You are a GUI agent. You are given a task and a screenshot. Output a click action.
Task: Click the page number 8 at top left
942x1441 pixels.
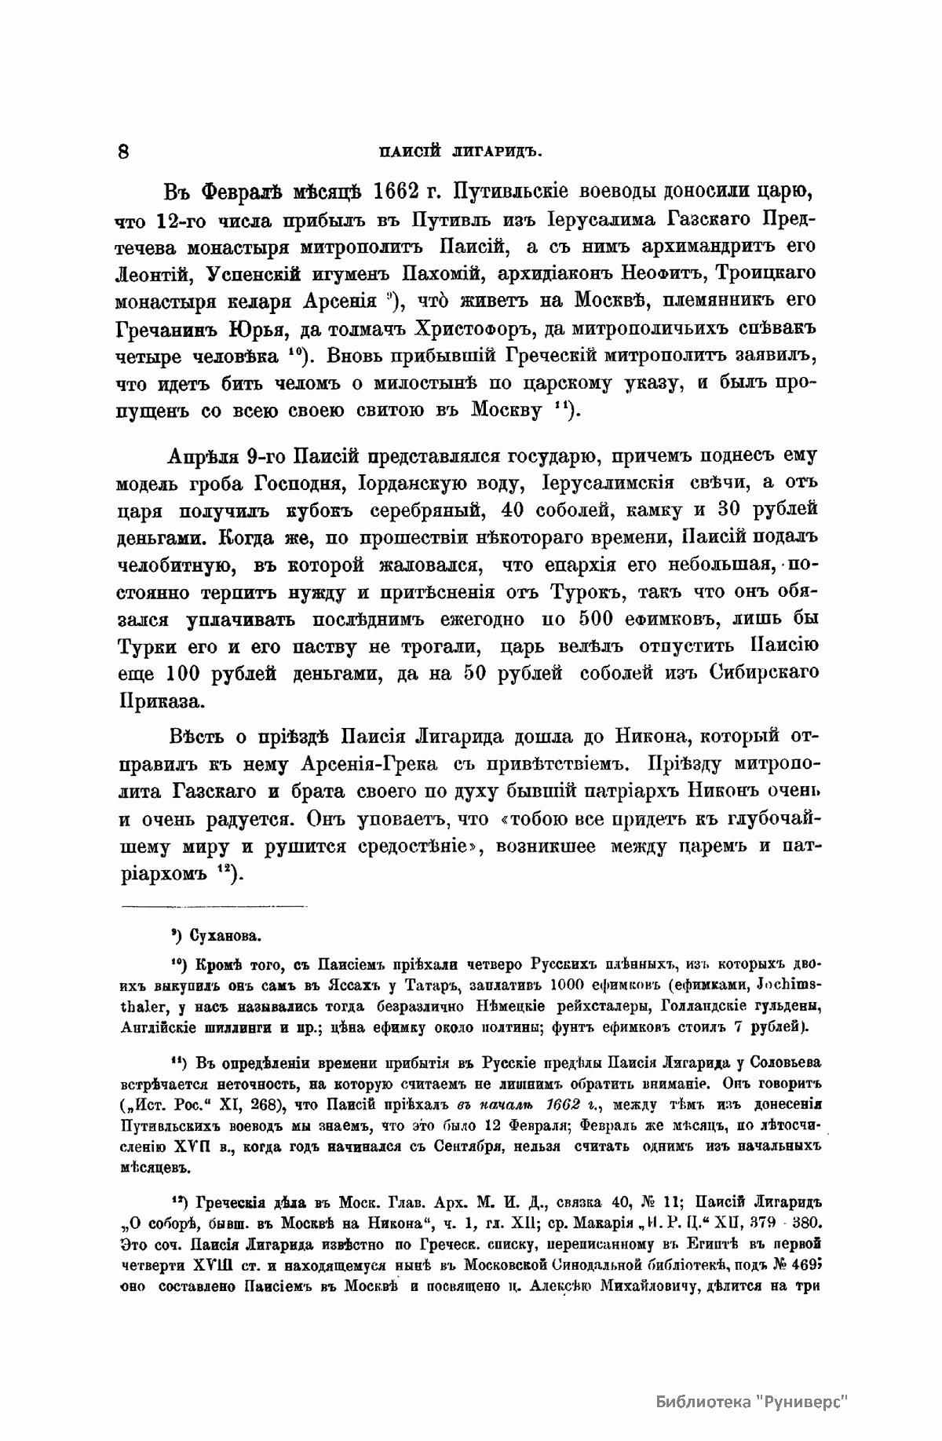point(123,152)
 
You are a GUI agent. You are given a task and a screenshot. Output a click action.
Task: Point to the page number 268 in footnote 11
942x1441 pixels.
point(267,1104)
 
